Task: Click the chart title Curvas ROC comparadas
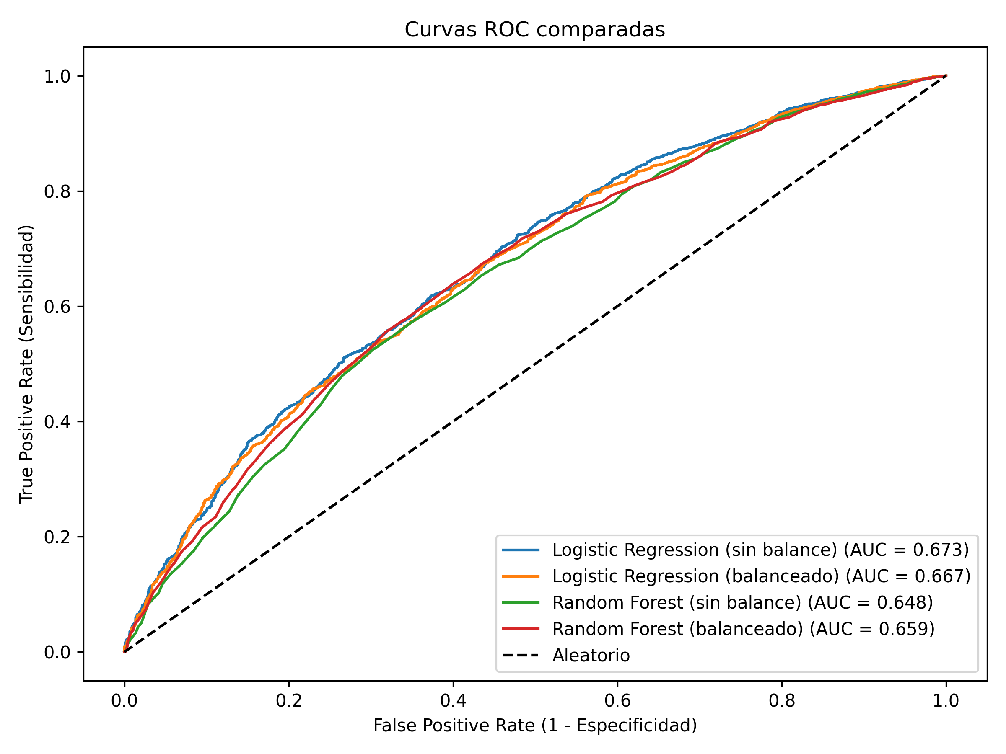coord(535,30)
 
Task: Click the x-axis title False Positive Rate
coord(535,726)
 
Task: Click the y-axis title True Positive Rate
coord(26,364)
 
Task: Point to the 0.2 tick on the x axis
coord(288,701)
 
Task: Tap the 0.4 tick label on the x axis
coord(453,701)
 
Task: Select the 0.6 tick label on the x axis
coord(617,701)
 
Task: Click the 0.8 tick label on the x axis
coord(781,701)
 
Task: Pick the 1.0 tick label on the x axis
coord(946,701)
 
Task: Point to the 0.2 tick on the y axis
coord(57,537)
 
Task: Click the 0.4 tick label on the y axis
coord(57,422)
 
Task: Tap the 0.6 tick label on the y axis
coord(57,306)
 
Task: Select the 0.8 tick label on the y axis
coord(57,191)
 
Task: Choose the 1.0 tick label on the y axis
coord(57,76)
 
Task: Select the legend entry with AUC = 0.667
coord(761,576)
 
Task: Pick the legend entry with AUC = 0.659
coord(743,629)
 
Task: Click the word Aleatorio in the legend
coord(591,656)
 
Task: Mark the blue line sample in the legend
coord(521,550)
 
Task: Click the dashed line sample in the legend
coord(521,656)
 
